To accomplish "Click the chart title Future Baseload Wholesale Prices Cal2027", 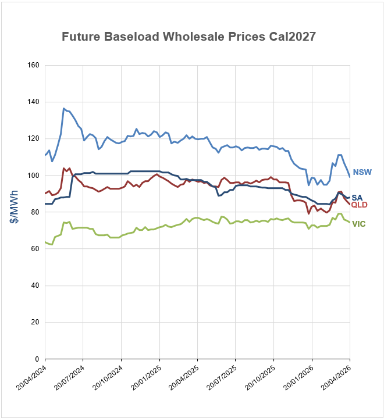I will tap(189, 37).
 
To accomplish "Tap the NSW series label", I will tap(362, 172).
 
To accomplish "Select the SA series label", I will tap(358, 198).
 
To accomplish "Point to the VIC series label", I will tap(359, 224).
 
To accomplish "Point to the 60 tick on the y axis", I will tap(34, 249).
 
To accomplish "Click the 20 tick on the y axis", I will tap(34, 322).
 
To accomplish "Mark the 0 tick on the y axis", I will tap(36, 359).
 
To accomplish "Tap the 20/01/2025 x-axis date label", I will tap(145, 380).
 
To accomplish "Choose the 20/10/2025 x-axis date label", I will tap(259, 380).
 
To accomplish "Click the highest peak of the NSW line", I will tap(64, 109).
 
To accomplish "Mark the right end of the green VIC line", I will tap(349, 223).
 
